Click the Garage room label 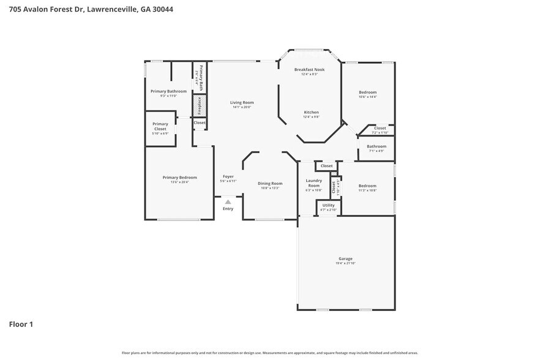click(345, 258)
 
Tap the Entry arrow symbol click(228, 201)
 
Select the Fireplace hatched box click(199, 105)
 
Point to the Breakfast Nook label click(309, 69)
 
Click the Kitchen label click(311, 112)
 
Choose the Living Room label click(242, 102)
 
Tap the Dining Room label click(270, 183)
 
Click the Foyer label click(228, 176)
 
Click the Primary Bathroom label click(168, 91)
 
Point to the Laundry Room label click(313, 182)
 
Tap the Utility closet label click(328, 205)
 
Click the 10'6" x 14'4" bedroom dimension click(367, 97)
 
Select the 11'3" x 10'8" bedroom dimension click(367, 190)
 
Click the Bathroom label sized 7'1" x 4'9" click(377, 146)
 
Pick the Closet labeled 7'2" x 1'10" click(380, 128)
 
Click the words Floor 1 click(21, 324)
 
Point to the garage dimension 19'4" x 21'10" click(345, 263)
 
